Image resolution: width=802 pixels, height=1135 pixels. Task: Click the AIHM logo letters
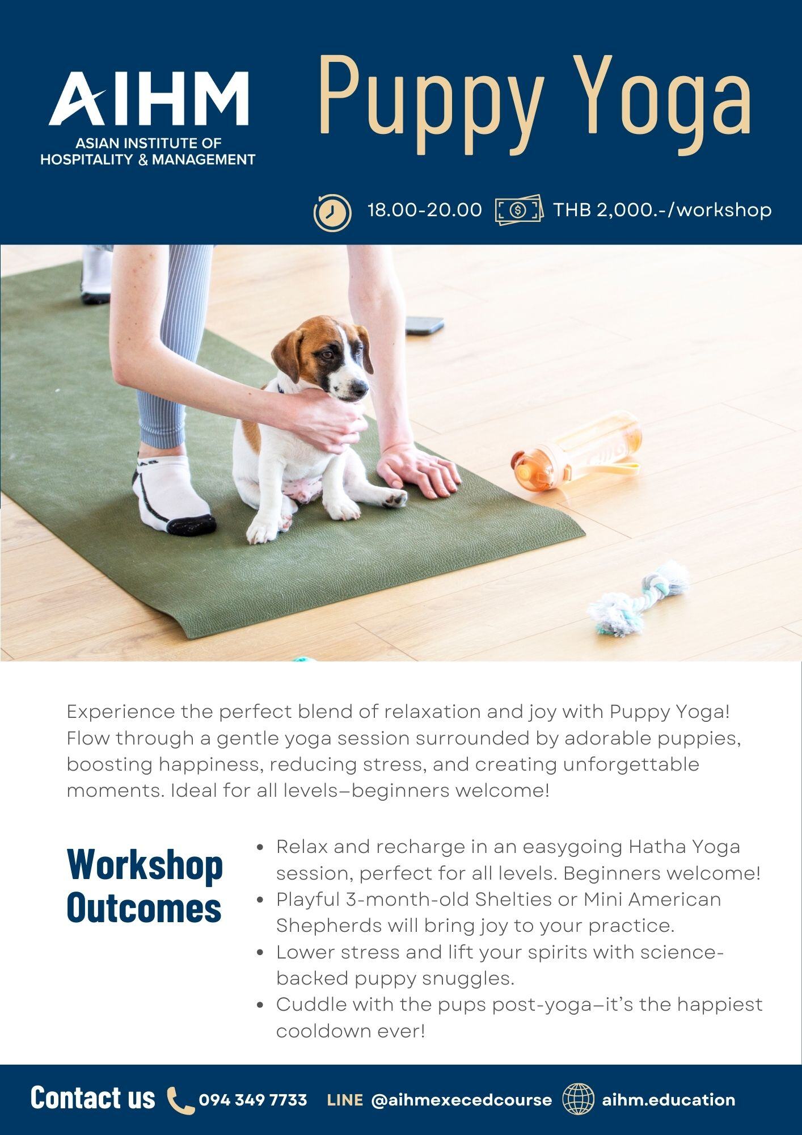[x=149, y=98]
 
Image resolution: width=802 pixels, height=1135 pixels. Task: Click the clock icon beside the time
[x=332, y=212]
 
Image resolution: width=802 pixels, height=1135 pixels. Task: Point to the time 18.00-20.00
[x=425, y=210]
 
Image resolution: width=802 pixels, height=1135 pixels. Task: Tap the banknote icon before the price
[x=519, y=211]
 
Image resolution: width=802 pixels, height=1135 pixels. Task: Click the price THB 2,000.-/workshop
[x=662, y=210]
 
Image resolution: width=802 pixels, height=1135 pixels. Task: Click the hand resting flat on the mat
[x=418, y=468]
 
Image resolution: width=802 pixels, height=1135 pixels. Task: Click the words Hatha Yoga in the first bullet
[x=684, y=847]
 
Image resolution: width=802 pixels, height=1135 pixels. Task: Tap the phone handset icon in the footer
[x=181, y=1100]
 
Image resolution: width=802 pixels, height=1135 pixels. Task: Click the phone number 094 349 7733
[x=253, y=1100]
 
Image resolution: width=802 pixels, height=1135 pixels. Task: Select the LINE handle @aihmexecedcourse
[x=461, y=1100]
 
